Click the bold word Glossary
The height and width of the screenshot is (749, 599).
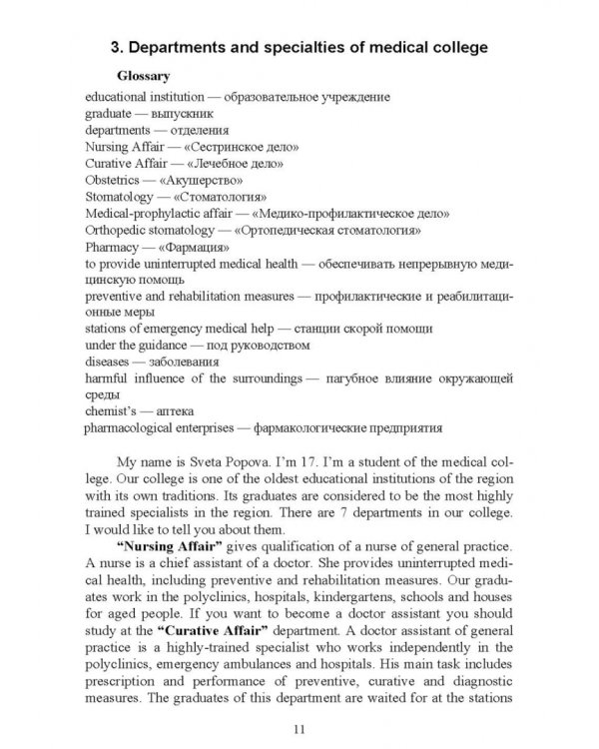(143, 76)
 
